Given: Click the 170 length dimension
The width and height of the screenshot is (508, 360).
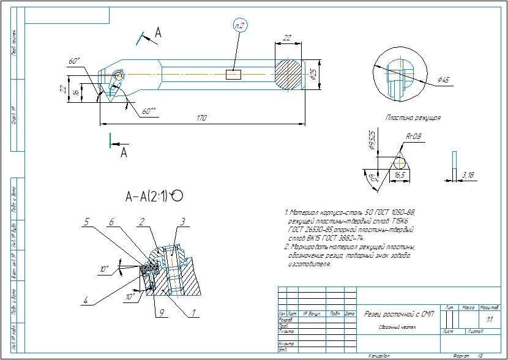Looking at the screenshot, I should tap(201, 118).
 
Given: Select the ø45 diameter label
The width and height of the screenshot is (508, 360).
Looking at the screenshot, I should tap(444, 80).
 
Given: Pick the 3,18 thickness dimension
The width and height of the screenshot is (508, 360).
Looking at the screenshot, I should tap(468, 176).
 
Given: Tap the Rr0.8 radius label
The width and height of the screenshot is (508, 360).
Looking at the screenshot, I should tap(414, 136).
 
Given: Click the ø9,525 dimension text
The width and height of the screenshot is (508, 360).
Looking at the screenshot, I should tap(372, 141).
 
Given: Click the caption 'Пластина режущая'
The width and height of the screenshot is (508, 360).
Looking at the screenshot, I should tap(413, 118).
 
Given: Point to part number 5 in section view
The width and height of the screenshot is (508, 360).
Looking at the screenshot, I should tap(88, 221).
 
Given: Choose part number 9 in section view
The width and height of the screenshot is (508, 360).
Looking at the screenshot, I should tap(162, 312).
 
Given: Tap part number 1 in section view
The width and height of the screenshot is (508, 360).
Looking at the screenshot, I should tap(194, 312).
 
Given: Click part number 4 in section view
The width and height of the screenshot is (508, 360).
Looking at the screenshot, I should tap(86, 300).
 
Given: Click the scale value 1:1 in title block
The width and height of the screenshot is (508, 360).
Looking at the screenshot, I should tap(488, 320).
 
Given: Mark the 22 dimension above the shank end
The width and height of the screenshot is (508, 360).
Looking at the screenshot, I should tap(287, 38).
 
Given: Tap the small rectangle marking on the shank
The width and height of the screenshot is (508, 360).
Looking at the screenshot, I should tap(234, 75).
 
